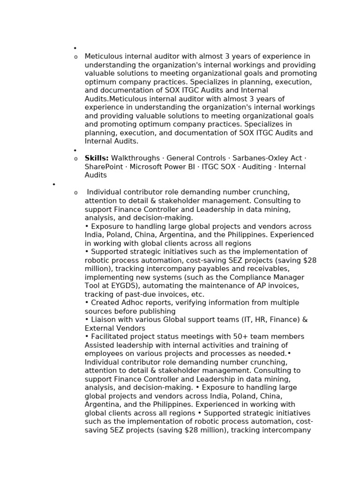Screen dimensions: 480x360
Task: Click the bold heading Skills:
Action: (x=97, y=158)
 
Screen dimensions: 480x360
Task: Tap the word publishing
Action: (x=156, y=311)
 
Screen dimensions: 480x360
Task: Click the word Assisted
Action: (x=100, y=345)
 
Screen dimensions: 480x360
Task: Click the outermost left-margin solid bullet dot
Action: (x=54, y=185)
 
